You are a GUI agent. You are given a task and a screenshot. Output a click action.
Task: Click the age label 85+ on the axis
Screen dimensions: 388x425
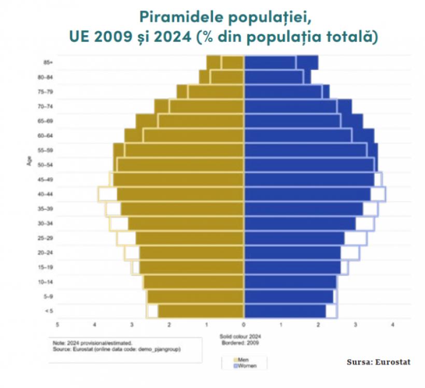[x=48, y=63]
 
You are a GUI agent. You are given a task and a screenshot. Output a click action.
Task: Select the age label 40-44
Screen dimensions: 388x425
[x=47, y=194]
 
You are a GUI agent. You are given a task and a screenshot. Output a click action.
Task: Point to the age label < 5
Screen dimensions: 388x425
[x=48, y=311]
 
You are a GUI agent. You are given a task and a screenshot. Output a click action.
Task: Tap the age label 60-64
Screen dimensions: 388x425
[x=47, y=136]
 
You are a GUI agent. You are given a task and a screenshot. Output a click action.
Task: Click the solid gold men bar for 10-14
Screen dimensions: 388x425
[x=194, y=282]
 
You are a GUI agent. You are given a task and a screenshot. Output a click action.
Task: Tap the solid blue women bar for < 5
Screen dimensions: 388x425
[x=285, y=311]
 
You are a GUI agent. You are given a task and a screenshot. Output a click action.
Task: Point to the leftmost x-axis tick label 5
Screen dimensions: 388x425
[x=58, y=324]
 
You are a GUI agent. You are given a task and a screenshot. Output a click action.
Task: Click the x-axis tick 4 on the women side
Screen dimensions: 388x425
[x=393, y=324]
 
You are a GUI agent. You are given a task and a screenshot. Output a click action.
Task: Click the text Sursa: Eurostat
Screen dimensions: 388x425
[x=378, y=362]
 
